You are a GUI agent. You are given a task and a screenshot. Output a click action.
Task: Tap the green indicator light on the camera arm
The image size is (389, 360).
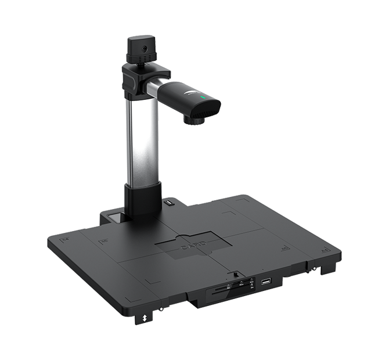202,98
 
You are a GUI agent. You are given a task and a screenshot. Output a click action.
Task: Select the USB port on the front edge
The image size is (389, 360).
266,282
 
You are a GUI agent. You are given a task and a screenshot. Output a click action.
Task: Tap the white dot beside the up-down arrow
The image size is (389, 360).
161,311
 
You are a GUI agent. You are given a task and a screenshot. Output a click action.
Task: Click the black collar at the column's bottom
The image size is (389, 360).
143,200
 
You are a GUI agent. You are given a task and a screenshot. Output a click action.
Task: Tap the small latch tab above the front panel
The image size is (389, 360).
236,273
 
